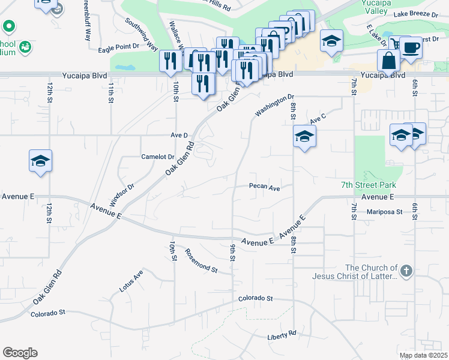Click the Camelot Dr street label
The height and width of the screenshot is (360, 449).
[157, 157]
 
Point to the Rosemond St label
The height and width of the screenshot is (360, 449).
[201, 261]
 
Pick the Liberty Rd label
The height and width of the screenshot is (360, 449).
[282, 334]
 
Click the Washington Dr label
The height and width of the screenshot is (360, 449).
[274, 105]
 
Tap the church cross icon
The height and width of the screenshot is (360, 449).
[406, 271]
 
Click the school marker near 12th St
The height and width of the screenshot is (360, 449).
[40, 161]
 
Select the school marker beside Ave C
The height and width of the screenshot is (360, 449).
[304, 137]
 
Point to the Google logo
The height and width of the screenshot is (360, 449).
[20, 353]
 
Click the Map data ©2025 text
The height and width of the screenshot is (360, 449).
[423, 355]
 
